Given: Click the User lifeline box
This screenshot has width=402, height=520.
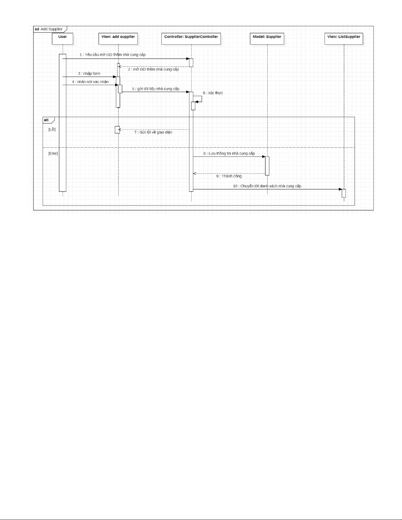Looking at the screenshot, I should [62, 38].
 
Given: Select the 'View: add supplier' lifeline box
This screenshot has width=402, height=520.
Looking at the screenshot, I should [118, 38].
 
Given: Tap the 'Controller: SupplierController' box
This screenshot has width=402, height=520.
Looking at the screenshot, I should [191, 38].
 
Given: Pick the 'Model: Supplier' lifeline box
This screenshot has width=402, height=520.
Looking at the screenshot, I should [267, 38].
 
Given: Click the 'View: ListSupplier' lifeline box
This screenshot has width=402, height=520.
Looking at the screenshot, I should [344, 38].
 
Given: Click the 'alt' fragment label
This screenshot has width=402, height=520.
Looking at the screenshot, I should [46, 120].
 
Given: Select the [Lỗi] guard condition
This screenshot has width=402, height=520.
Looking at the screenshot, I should [52, 130].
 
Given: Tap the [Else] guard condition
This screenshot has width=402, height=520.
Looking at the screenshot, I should [53, 153].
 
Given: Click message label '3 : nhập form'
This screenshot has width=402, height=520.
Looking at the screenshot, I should [89, 73].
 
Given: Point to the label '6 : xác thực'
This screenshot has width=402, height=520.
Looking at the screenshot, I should [213, 93].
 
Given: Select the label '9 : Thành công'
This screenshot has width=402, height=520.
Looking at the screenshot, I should [229, 176].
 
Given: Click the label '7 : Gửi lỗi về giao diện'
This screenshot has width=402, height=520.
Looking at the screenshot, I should [153, 132].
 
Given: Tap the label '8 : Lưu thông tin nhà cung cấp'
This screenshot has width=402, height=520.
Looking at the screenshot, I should [229, 153].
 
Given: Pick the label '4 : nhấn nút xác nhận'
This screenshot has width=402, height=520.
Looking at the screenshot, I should [90, 82].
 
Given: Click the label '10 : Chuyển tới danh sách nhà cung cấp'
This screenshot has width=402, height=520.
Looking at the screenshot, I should [267, 186].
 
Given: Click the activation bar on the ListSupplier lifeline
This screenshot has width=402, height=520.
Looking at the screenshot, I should [344, 193].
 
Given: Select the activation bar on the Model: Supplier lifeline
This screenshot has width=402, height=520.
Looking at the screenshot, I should [267, 166].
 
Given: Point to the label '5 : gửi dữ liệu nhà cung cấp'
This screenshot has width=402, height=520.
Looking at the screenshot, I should [156, 89].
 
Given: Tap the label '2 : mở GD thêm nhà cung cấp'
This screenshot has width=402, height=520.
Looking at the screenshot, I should [153, 69].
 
